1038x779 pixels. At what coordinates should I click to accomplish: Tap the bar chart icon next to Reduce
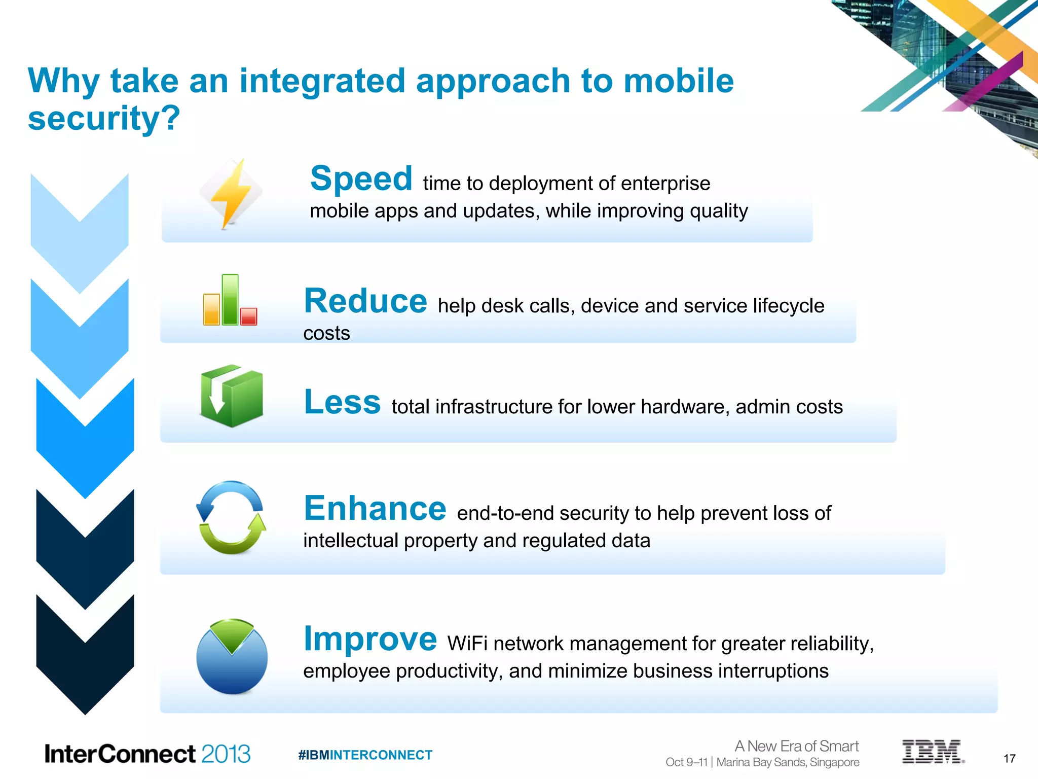point(230,300)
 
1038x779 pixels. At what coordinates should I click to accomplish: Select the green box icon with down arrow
point(232,396)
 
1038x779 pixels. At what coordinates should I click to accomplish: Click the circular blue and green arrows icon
point(231,518)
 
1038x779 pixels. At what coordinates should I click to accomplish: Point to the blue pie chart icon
point(232,657)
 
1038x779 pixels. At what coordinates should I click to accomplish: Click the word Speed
point(361,179)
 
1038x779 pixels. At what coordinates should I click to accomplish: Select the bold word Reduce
point(365,301)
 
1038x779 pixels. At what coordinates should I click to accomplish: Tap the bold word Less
point(342,402)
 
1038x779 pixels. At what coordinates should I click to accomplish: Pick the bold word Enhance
point(375,508)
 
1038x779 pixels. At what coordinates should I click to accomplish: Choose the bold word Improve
point(370,639)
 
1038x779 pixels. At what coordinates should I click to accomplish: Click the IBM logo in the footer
point(932,752)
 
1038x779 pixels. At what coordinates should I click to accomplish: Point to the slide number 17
point(1009,759)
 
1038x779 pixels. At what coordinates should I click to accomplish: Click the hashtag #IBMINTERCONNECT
point(365,755)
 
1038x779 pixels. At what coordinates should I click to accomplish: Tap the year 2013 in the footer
point(226,754)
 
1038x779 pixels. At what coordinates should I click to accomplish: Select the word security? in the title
point(104,118)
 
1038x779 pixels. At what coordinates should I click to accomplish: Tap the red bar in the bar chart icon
point(248,316)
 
